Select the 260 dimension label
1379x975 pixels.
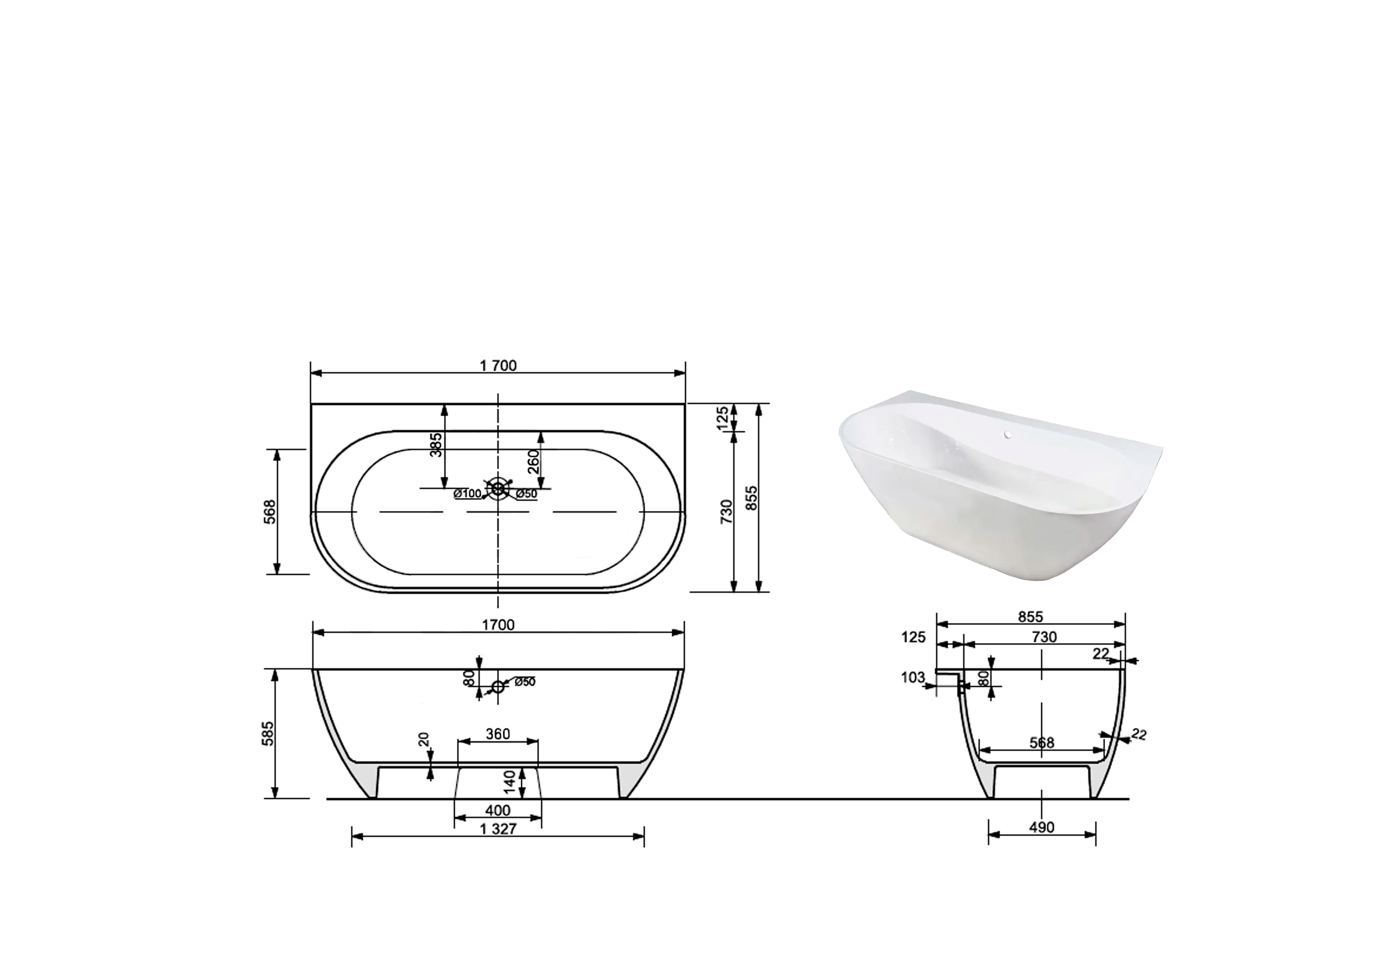(x=534, y=462)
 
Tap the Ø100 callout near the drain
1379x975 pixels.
(x=468, y=493)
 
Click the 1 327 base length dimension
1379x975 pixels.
(x=498, y=829)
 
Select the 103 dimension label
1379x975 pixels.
(x=913, y=678)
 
